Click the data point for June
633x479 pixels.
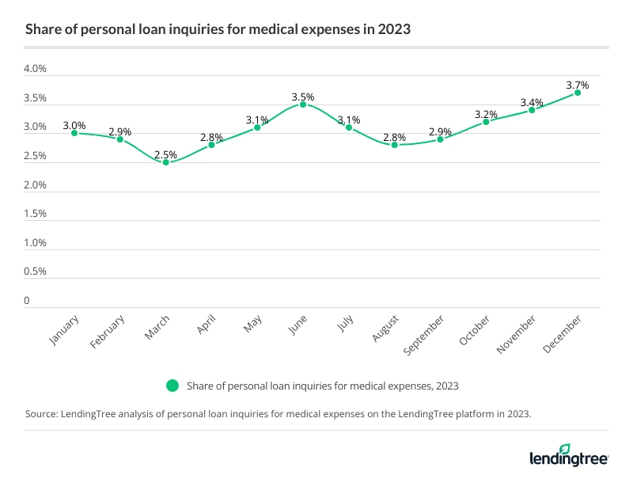(303, 105)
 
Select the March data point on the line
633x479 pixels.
(166, 162)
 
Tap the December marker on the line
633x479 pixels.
(578, 93)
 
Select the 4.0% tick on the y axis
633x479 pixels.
(36, 70)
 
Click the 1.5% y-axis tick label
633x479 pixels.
(36, 214)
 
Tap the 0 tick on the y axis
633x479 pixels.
(27, 301)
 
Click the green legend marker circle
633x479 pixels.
(171, 386)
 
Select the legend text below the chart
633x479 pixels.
(323, 386)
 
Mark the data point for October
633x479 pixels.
(486, 121)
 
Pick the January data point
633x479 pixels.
(74, 133)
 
